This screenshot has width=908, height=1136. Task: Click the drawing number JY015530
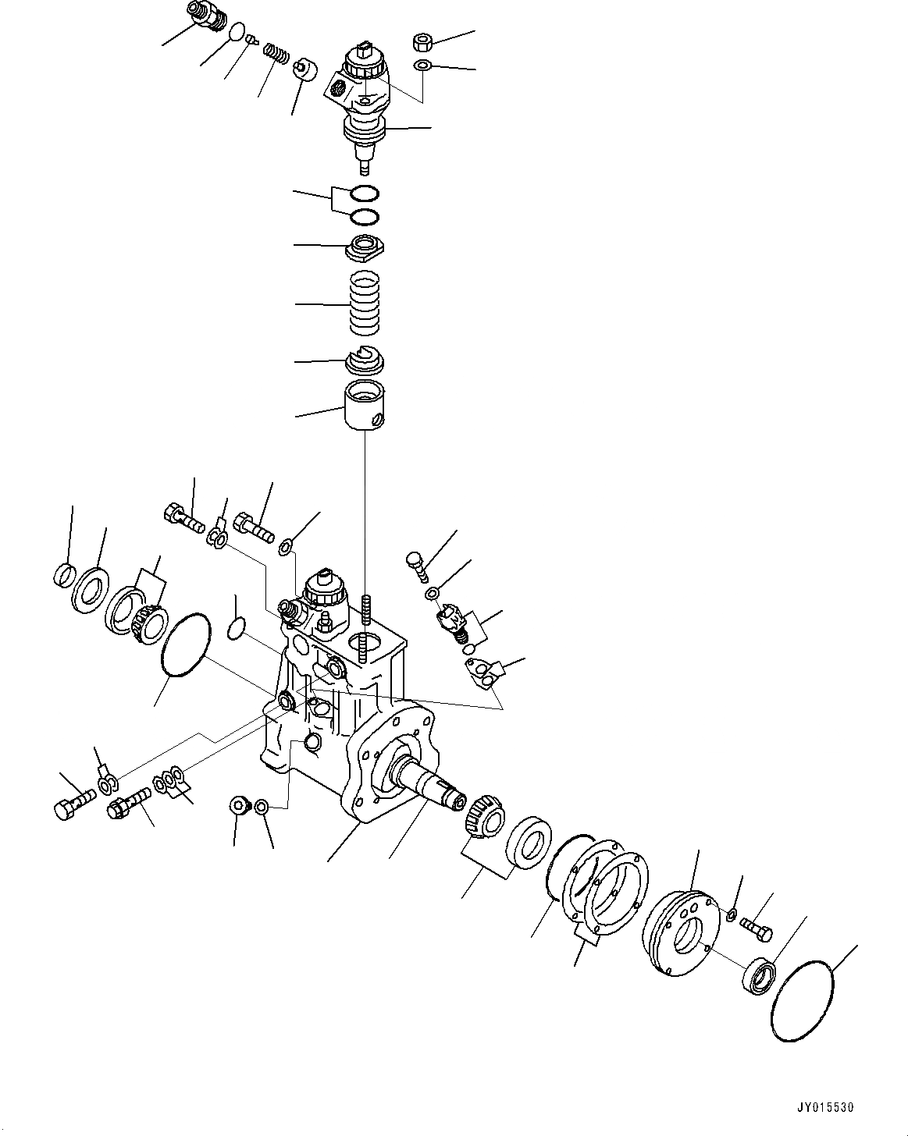825,1107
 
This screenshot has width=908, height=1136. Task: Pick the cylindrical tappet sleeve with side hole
365,406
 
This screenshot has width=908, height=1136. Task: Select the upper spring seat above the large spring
365,247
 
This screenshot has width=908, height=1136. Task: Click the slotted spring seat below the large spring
365,360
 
